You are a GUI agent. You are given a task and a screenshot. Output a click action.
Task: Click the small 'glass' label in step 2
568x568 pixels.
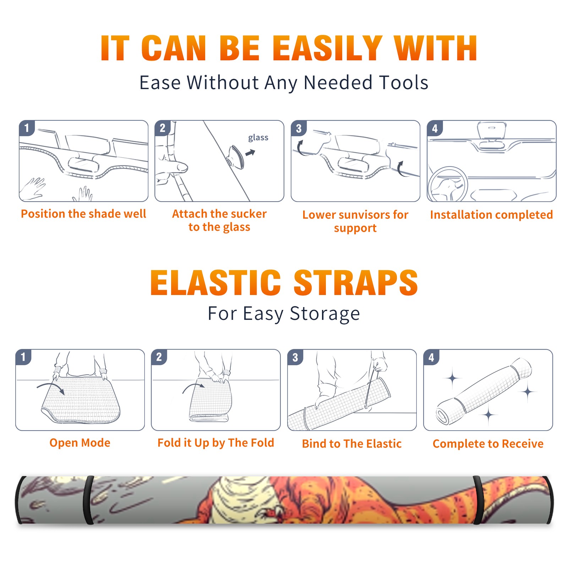pyautogui.click(x=258, y=138)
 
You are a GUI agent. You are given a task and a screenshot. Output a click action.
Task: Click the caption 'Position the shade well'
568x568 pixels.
pyautogui.click(x=83, y=214)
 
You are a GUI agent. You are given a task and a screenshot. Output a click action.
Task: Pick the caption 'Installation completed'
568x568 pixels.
pyautogui.click(x=491, y=215)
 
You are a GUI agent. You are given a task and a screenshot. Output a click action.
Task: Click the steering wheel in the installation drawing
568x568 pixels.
pyautogui.click(x=448, y=185)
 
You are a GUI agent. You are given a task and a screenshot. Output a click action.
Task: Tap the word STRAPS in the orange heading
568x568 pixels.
pyautogui.click(x=356, y=283)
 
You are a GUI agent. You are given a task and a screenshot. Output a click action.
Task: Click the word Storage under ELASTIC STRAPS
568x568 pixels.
pyautogui.click(x=325, y=314)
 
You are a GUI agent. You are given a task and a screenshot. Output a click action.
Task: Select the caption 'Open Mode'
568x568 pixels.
pyautogui.click(x=80, y=443)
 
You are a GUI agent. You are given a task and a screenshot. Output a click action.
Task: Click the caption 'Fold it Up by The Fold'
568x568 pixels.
pyautogui.click(x=216, y=443)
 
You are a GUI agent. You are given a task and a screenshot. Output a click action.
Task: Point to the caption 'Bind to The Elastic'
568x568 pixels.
pyautogui.click(x=352, y=444)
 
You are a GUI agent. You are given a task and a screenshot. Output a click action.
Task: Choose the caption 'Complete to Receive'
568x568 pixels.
pyautogui.click(x=488, y=444)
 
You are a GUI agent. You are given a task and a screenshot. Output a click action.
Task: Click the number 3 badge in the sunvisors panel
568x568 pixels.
pyautogui.click(x=299, y=129)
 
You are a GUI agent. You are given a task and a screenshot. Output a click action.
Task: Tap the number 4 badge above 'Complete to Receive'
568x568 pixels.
pyautogui.click(x=431, y=357)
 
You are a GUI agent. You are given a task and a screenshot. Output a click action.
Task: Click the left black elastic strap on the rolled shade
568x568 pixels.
pyautogui.click(x=88, y=500)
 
